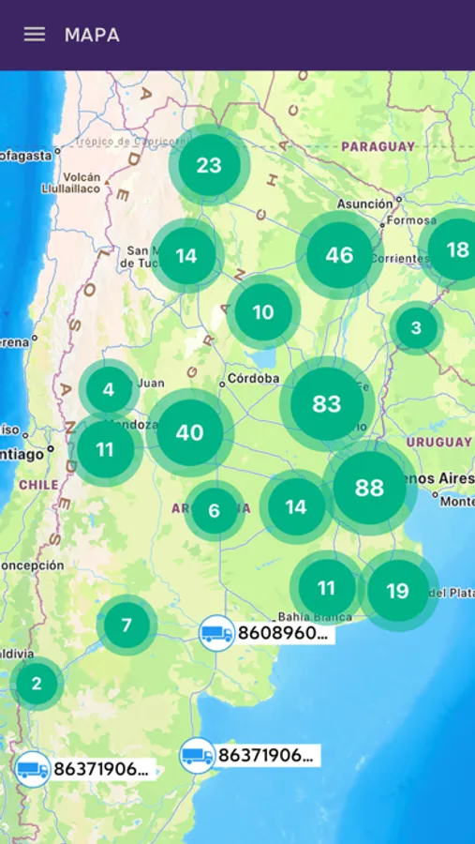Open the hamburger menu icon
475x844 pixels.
coord(35,35)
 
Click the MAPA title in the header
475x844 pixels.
coord(92,36)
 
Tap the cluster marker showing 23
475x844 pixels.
coord(209,166)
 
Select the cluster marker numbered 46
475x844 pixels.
coord(339,255)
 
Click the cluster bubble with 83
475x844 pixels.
coord(327,404)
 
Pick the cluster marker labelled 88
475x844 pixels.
coord(370,488)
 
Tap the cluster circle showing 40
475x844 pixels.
coord(189,432)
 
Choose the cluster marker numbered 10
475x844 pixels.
coord(263,312)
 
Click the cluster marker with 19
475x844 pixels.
coord(398,591)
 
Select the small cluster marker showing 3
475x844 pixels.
coord(416,328)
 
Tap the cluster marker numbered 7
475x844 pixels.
coord(126,625)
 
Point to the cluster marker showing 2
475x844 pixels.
coord(37,684)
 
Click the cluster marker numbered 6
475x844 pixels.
coord(214,511)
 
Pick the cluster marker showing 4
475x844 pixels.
coord(109,389)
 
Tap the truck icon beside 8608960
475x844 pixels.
coord(216,634)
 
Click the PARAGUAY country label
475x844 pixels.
coord(378,147)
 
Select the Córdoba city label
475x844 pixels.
coord(253,379)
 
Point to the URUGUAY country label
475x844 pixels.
coord(439,442)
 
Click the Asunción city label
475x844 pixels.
coord(364,203)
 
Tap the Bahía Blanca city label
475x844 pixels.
coord(315,617)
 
